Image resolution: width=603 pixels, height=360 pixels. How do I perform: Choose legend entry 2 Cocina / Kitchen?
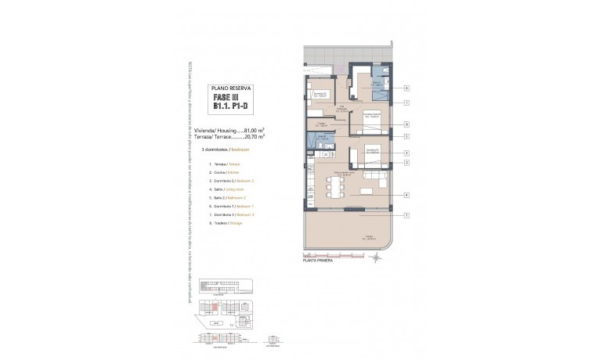pos(226,171)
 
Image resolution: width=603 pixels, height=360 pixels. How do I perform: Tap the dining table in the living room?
pos(338,189)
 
